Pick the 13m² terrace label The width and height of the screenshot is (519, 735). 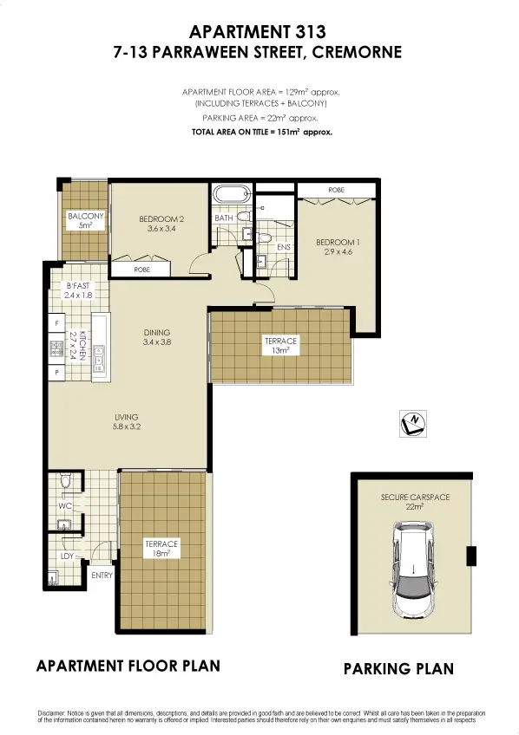coord(280,346)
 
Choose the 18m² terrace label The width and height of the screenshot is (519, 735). coord(161,549)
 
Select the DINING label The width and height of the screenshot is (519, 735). coord(157,336)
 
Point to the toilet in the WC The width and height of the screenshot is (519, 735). coord(65,482)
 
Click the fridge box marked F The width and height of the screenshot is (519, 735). coord(57,323)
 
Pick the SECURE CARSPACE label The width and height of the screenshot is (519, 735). coord(411,501)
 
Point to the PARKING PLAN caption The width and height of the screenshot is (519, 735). coord(398,669)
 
